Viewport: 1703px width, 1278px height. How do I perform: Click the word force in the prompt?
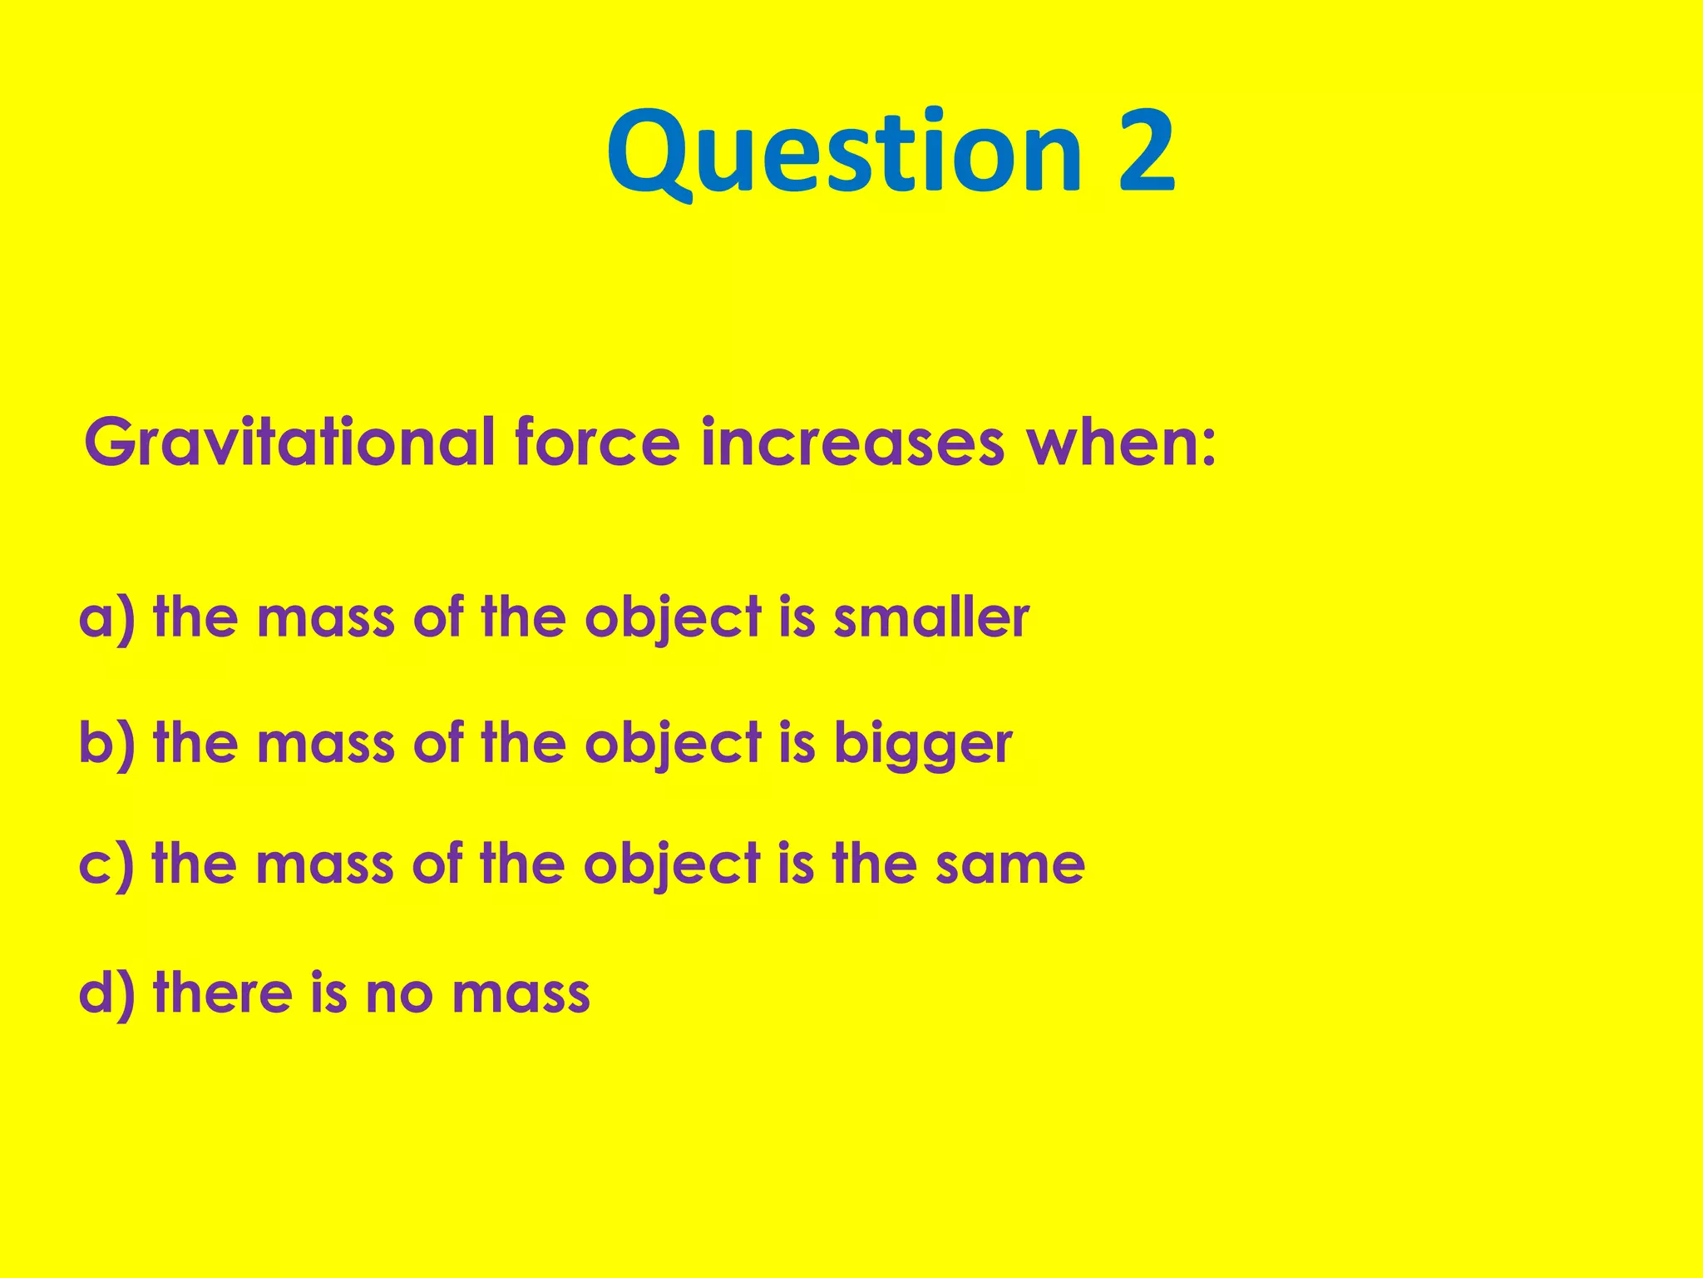point(597,443)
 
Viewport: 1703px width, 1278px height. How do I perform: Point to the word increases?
point(853,444)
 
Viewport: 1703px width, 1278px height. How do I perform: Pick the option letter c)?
point(106,864)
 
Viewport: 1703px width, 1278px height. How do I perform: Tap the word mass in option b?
point(325,744)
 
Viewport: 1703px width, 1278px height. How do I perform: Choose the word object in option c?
point(672,866)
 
